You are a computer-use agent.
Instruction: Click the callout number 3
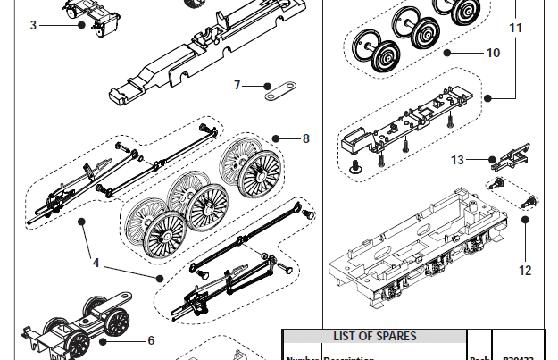point(33,25)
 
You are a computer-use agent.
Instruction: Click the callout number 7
point(237,86)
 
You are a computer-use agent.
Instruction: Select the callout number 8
point(305,138)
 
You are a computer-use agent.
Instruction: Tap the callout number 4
point(96,264)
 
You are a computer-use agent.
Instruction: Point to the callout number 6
point(151,339)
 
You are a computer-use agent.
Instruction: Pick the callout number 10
point(493,53)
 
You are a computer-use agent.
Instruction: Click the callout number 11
point(516,28)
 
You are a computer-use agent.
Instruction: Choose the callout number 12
point(524,270)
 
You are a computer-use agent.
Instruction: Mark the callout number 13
point(457,160)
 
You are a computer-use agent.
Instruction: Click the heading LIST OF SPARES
point(374,336)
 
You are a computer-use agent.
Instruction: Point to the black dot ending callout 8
point(276,138)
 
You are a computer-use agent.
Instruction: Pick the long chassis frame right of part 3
point(205,54)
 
